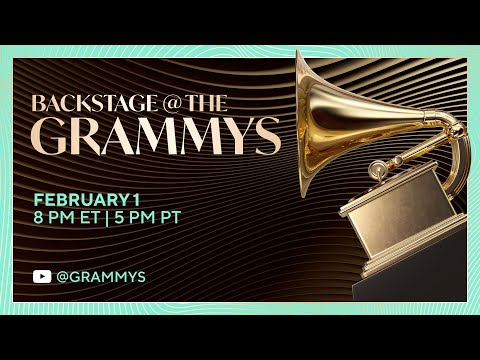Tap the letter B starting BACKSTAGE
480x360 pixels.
[38, 103]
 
